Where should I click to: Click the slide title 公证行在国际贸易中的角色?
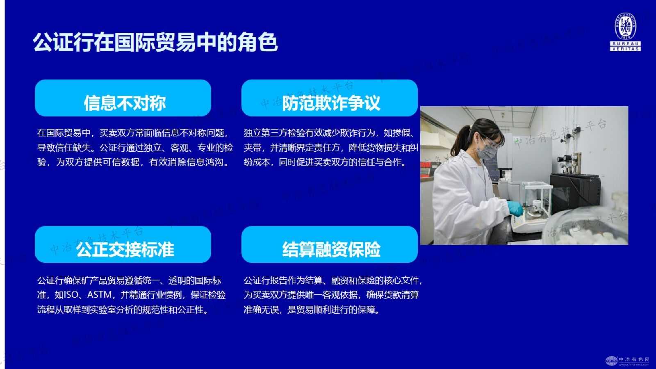click(x=155, y=43)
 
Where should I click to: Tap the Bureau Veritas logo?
click(x=625, y=32)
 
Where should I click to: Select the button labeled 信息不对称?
click(x=123, y=98)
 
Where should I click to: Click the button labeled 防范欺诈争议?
click(x=330, y=98)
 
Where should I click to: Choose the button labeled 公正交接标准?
click(x=123, y=244)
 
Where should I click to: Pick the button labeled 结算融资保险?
click(x=330, y=244)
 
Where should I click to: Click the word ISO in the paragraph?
click(x=71, y=295)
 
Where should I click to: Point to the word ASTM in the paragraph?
click(x=100, y=295)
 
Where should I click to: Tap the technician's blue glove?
click(x=515, y=208)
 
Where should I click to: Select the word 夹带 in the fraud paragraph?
click(x=253, y=148)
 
